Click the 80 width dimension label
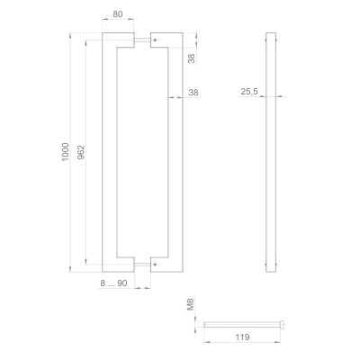tap(119, 14)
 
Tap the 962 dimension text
tap(83, 154)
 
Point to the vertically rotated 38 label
tap(191, 57)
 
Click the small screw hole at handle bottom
tap(155, 265)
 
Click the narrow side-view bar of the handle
tap(271, 153)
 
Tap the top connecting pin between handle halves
tap(144, 41)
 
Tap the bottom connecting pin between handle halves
tap(144, 265)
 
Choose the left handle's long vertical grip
tap(110, 153)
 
